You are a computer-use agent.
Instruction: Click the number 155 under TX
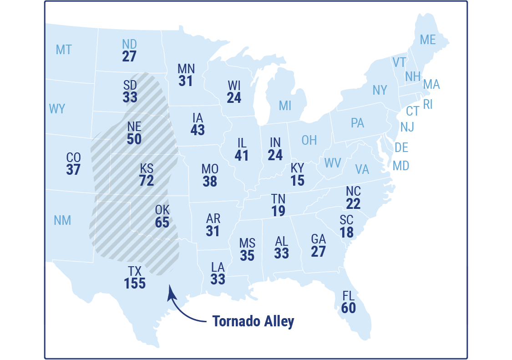[x=135, y=284]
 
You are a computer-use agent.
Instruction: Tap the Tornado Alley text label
[x=253, y=321]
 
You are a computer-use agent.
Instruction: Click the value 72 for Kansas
[x=147, y=181]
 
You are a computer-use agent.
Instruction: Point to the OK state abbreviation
[x=162, y=210]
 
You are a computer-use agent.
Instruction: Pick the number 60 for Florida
[x=348, y=308]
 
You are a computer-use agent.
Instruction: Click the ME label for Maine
[x=427, y=40]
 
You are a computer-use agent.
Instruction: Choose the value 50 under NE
[x=134, y=139]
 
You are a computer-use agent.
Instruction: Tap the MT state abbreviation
[x=64, y=50]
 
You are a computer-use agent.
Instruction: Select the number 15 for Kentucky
[x=297, y=181]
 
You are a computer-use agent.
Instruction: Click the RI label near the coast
[x=428, y=105]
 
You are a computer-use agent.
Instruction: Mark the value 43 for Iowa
[x=198, y=130]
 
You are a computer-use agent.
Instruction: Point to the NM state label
[x=62, y=220]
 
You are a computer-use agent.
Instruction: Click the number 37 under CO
[x=73, y=170]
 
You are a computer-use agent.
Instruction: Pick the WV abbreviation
[x=332, y=163]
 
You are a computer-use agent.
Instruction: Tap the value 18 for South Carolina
[x=346, y=233]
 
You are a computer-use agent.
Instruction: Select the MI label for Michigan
[x=285, y=106]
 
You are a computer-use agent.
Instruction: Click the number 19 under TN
[x=279, y=211]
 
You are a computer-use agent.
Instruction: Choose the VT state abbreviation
[x=399, y=62]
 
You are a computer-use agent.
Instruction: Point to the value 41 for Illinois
[x=242, y=156]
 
